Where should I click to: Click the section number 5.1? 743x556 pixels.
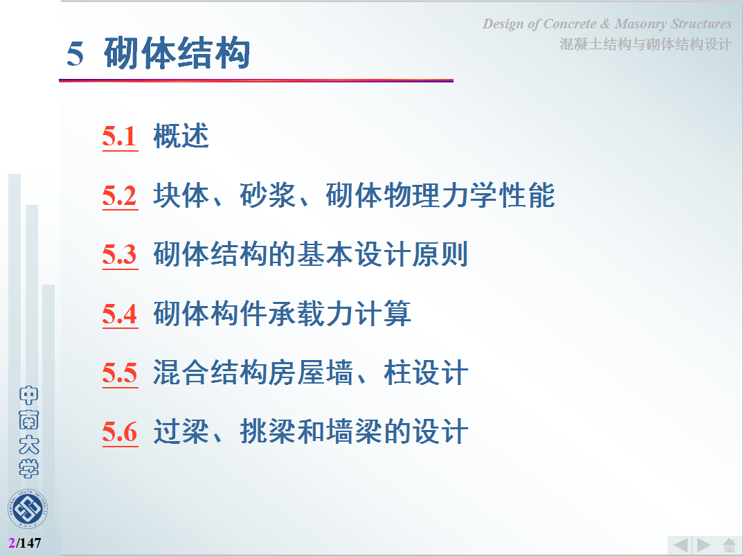point(120,136)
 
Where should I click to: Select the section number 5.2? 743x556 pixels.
point(120,195)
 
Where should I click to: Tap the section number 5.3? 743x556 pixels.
point(120,255)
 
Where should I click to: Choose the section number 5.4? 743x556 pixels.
point(120,314)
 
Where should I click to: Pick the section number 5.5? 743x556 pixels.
point(120,373)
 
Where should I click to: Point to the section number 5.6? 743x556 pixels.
point(120,432)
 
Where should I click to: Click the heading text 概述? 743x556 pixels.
point(181,136)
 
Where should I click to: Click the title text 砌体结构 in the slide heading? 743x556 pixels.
point(177,53)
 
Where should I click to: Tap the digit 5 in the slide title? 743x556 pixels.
point(75,54)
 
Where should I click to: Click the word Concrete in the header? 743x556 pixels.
point(570,24)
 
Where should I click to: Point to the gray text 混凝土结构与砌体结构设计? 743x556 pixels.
point(645,44)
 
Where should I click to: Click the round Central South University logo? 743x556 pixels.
point(28,509)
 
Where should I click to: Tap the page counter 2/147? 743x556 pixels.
point(25,543)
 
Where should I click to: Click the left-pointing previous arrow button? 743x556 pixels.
point(681,545)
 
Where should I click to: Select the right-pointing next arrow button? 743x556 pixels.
point(704,545)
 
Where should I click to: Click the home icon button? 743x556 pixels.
point(729,545)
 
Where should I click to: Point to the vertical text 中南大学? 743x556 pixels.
point(28,432)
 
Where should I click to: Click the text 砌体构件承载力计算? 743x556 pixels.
point(282,314)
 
